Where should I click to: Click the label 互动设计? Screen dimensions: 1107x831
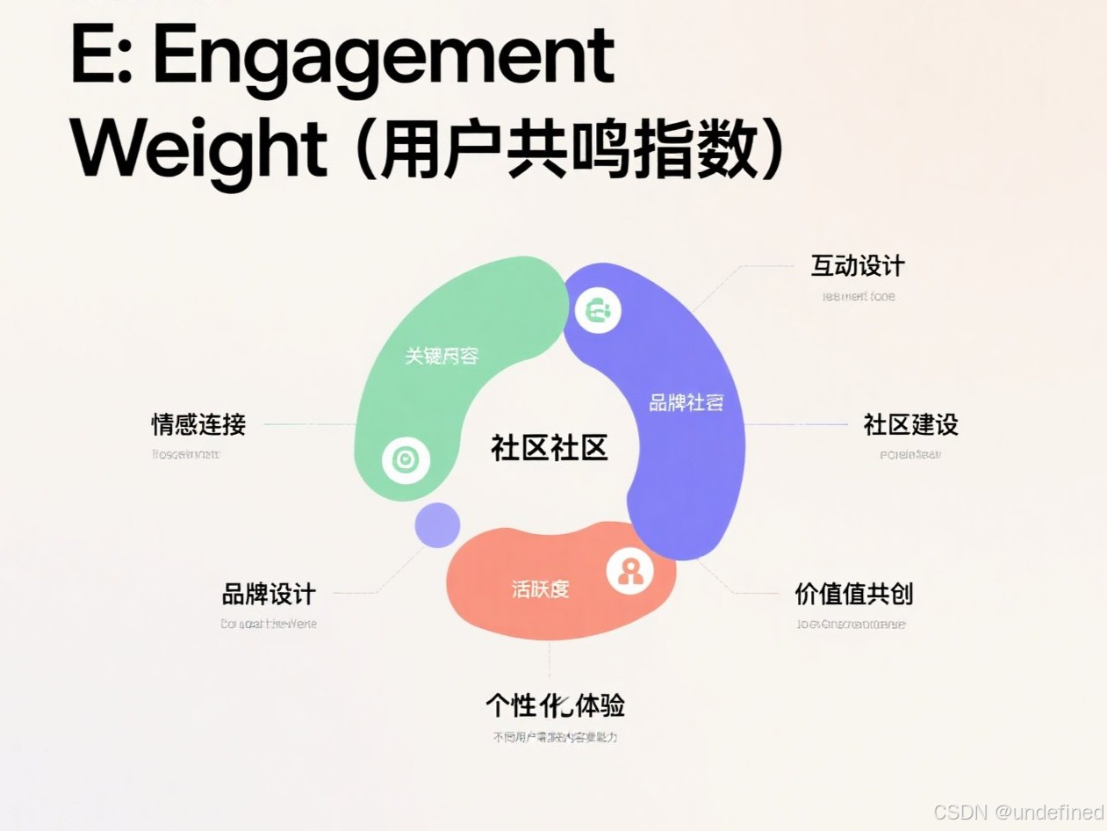[x=857, y=266]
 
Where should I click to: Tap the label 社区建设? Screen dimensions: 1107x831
[x=910, y=425]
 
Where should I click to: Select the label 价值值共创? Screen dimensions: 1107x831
[x=853, y=595]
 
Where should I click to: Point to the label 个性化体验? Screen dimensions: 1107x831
[x=555, y=705]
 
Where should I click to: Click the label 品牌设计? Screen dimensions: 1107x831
[x=268, y=595]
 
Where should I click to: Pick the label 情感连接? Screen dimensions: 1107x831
[x=198, y=425]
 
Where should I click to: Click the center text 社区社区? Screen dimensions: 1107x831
[x=549, y=448]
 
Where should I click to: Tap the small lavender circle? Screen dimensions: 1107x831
[x=437, y=525]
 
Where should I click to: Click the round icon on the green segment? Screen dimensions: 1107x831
[x=406, y=459]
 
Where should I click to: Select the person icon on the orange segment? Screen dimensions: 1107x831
[x=629, y=572]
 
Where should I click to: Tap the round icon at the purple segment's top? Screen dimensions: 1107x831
[x=598, y=310]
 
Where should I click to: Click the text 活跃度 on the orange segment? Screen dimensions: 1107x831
[x=540, y=589]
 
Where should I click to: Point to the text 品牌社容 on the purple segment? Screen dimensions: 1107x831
[x=686, y=403]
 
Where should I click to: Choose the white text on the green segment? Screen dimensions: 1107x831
[x=442, y=356]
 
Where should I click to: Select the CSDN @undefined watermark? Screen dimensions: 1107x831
[x=1017, y=812]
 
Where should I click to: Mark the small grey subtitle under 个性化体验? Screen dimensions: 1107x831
[x=555, y=737]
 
